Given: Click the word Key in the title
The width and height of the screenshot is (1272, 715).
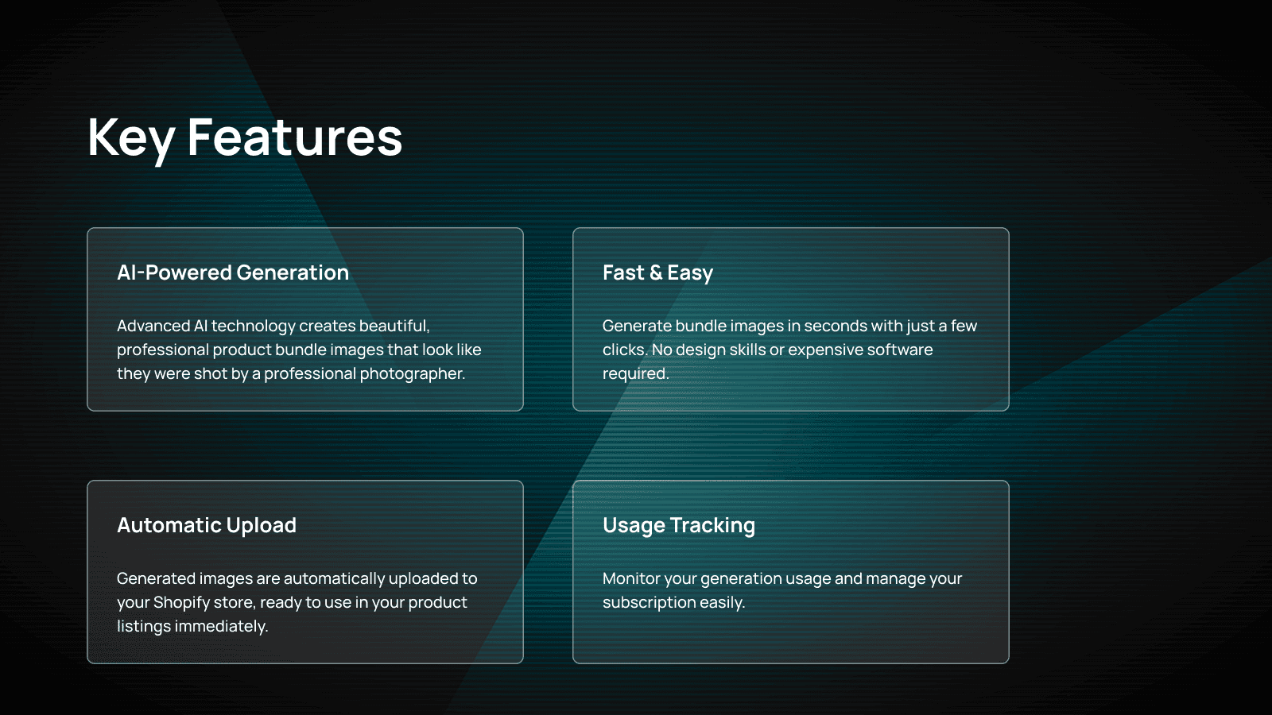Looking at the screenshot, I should point(130,138).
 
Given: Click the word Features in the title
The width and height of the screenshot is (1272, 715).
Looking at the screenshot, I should point(294,138).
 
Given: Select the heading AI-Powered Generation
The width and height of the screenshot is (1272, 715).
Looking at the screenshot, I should point(233,272).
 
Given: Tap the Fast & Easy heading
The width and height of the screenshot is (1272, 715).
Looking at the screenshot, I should point(657,272).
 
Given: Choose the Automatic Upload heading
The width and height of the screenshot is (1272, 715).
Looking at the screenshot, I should point(207,525).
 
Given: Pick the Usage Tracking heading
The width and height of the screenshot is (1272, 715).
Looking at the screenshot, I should point(678,525).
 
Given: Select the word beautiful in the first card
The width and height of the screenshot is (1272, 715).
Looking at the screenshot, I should point(394,326).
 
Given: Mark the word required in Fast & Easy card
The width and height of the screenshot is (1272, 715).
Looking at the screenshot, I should point(634,373).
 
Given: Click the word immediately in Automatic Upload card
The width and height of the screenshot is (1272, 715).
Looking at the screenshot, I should point(221,626).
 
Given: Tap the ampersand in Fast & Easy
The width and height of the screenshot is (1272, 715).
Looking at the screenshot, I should point(656,272).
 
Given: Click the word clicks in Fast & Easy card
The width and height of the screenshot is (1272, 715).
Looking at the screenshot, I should point(624,350).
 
